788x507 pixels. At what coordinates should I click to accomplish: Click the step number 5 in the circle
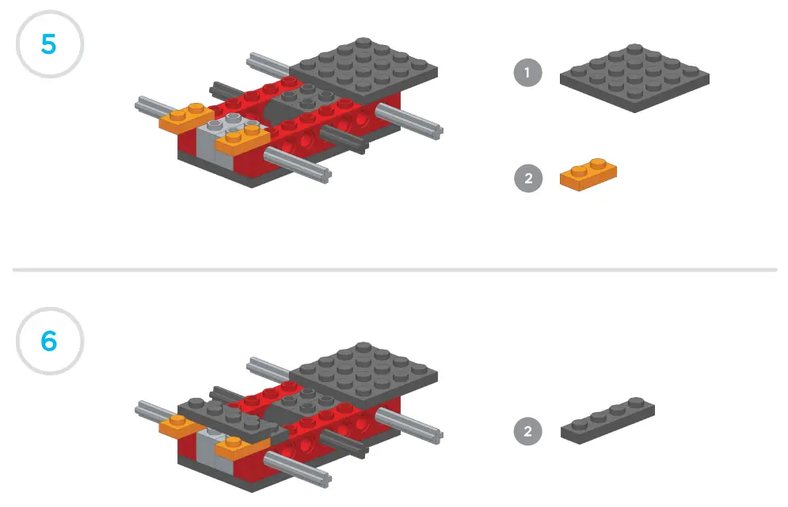[x=49, y=44]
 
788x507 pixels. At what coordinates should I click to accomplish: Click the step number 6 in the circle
[x=49, y=341]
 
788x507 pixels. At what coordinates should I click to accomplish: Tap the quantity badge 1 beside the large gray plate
[x=527, y=74]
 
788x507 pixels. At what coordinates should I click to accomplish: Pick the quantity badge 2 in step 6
[x=527, y=431]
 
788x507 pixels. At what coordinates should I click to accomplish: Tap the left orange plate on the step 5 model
[x=183, y=119]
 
